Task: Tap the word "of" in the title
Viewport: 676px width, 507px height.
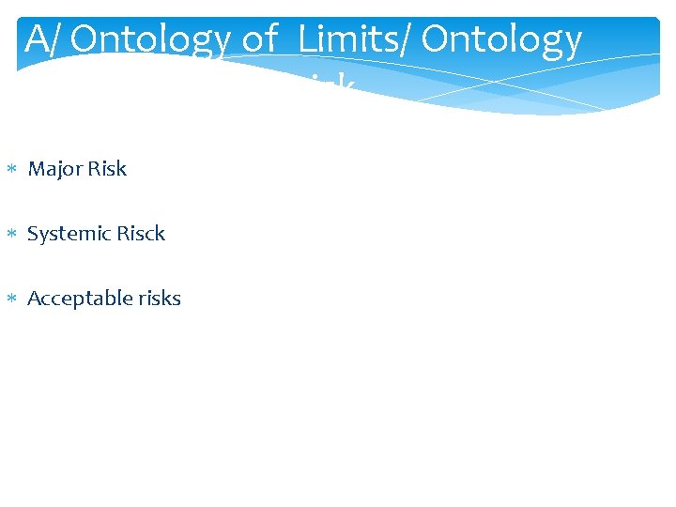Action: (256, 39)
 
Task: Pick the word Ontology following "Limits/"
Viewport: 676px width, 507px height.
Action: (502, 41)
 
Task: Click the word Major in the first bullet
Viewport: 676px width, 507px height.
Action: (54, 170)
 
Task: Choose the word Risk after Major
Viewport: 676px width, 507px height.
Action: (105, 169)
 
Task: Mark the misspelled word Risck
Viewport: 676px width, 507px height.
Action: (139, 234)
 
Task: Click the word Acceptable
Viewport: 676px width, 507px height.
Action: (76, 300)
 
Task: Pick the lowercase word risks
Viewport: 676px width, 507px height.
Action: (156, 299)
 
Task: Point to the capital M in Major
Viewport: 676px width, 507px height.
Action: (37, 169)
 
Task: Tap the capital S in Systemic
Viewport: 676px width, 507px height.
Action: (33, 234)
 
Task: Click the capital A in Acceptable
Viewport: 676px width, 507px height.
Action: (34, 299)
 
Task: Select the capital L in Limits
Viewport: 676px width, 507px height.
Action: (308, 39)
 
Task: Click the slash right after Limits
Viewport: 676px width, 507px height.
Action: (407, 39)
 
